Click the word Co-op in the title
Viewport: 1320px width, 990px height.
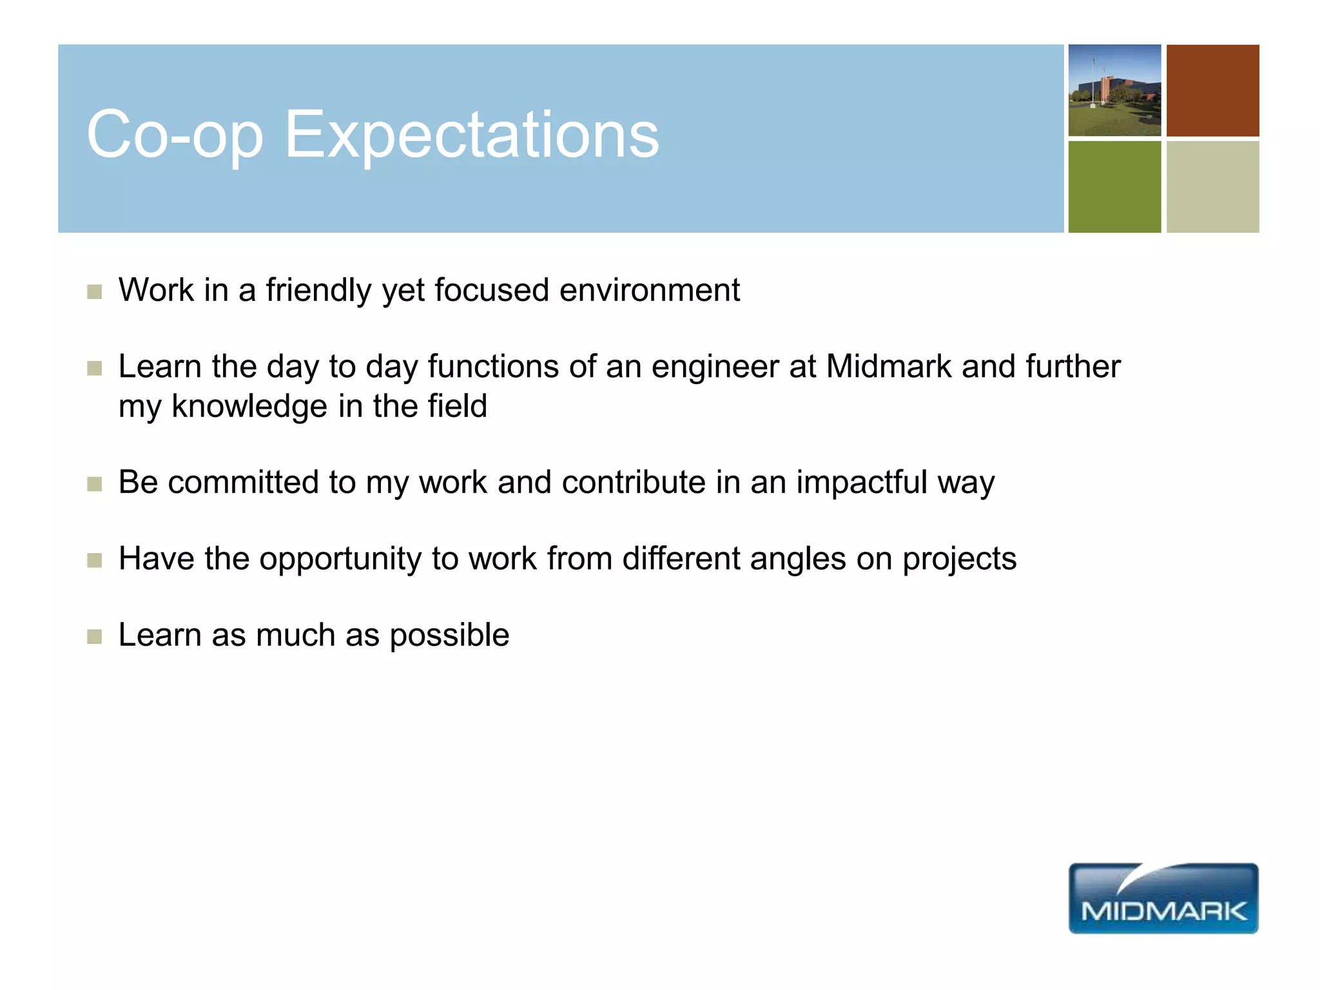click(175, 135)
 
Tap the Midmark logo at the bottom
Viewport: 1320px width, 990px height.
click(1163, 898)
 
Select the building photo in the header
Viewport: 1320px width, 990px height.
click(1114, 90)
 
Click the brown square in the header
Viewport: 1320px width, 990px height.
click(1212, 90)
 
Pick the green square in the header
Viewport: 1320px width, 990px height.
click(1114, 187)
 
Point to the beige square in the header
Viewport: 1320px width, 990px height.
click(1212, 187)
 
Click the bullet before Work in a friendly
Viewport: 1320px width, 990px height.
click(95, 292)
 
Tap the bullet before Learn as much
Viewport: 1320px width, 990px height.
click(95, 637)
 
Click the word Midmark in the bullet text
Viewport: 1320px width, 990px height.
click(888, 367)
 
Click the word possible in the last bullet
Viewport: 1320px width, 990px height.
click(449, 636)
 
